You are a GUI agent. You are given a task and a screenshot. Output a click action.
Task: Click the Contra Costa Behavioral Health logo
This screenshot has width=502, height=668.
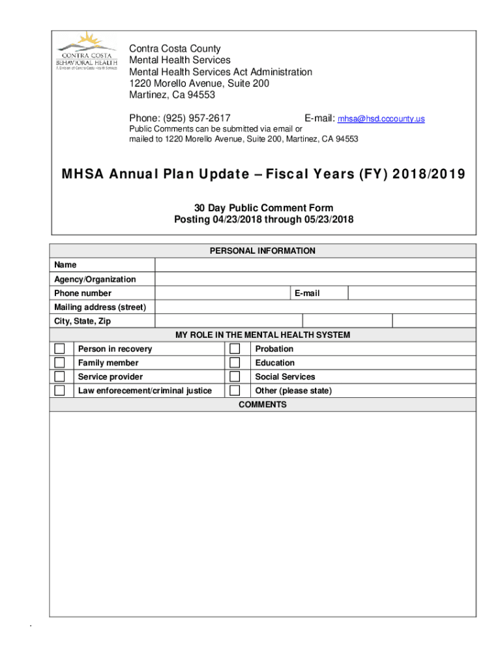87,52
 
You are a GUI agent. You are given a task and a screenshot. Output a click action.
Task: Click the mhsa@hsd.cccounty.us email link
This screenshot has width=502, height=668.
381,119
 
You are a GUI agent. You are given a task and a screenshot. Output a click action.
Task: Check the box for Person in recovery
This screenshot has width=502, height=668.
60,349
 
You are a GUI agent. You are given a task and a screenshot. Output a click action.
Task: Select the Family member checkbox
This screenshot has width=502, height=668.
60,363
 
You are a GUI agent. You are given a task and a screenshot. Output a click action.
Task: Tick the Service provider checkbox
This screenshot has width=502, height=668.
60,377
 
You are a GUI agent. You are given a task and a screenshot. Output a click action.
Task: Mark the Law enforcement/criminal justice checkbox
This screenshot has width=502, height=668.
60,391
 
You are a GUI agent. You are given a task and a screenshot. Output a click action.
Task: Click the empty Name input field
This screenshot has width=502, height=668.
315,265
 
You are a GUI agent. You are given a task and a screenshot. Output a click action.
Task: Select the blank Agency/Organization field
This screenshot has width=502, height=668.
315,279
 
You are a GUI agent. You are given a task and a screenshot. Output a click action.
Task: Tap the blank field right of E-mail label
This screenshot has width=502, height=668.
411,294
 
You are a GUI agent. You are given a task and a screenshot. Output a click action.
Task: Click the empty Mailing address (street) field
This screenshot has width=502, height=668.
315,307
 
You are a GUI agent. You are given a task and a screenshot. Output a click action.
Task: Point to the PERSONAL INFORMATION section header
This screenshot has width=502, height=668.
263,251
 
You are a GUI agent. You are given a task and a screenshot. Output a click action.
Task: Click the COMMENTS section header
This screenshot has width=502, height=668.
263,405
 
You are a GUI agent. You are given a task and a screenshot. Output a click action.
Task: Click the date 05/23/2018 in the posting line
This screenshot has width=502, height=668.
328,220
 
